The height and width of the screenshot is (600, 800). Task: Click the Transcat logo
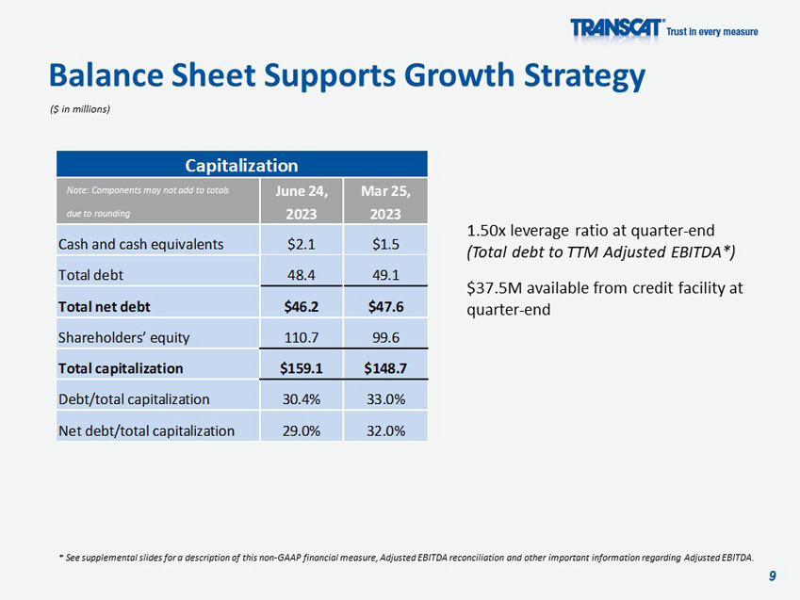[617, 28]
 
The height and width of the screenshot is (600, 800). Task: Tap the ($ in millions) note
[80, 109]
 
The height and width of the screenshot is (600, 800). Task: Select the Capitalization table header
[242, 166]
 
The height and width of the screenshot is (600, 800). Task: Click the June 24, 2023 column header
[302, 202]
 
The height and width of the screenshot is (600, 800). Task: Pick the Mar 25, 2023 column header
[386, 202]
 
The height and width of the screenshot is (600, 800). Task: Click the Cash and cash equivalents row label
[141, 244]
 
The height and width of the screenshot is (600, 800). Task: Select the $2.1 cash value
[302, 244]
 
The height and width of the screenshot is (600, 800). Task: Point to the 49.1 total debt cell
[386, 275]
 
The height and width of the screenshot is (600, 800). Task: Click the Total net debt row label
[104, 306]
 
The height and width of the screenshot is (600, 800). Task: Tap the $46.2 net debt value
[302, 306]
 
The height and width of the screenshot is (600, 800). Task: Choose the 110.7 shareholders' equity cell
[302, 337]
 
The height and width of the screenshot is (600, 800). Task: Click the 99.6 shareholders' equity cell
[386, 337]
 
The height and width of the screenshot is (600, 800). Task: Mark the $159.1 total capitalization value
[302, 368]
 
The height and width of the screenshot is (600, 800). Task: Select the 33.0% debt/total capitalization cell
[386, 399]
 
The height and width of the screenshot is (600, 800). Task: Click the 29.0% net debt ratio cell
[302, 430]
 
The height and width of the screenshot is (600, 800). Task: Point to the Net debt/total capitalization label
[146, 430]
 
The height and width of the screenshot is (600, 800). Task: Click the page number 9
[773, 576]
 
